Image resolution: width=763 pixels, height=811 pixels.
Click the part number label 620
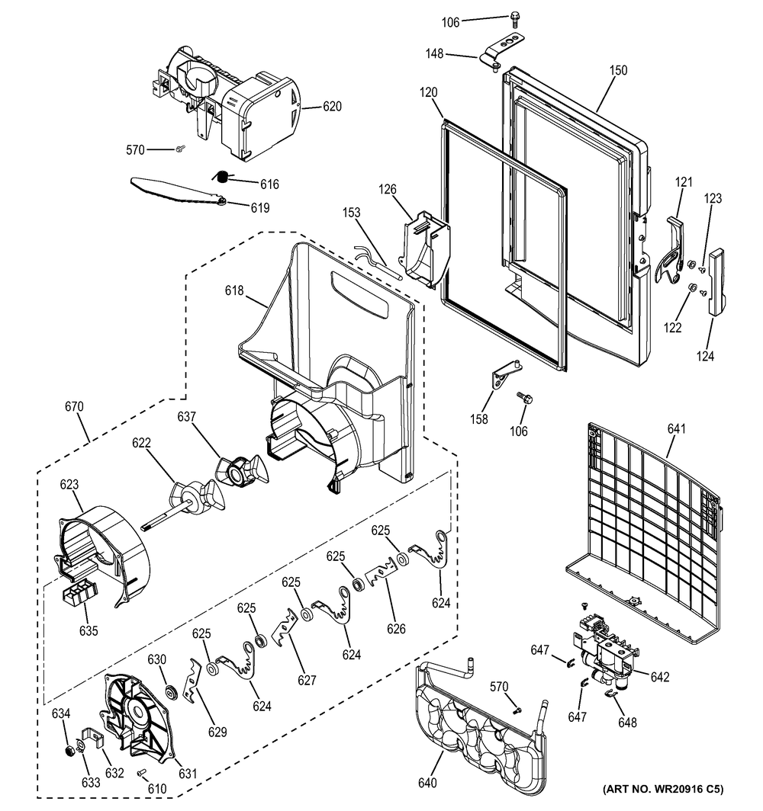tap(332, 107)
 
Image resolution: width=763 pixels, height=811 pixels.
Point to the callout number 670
tap(75, 409)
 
